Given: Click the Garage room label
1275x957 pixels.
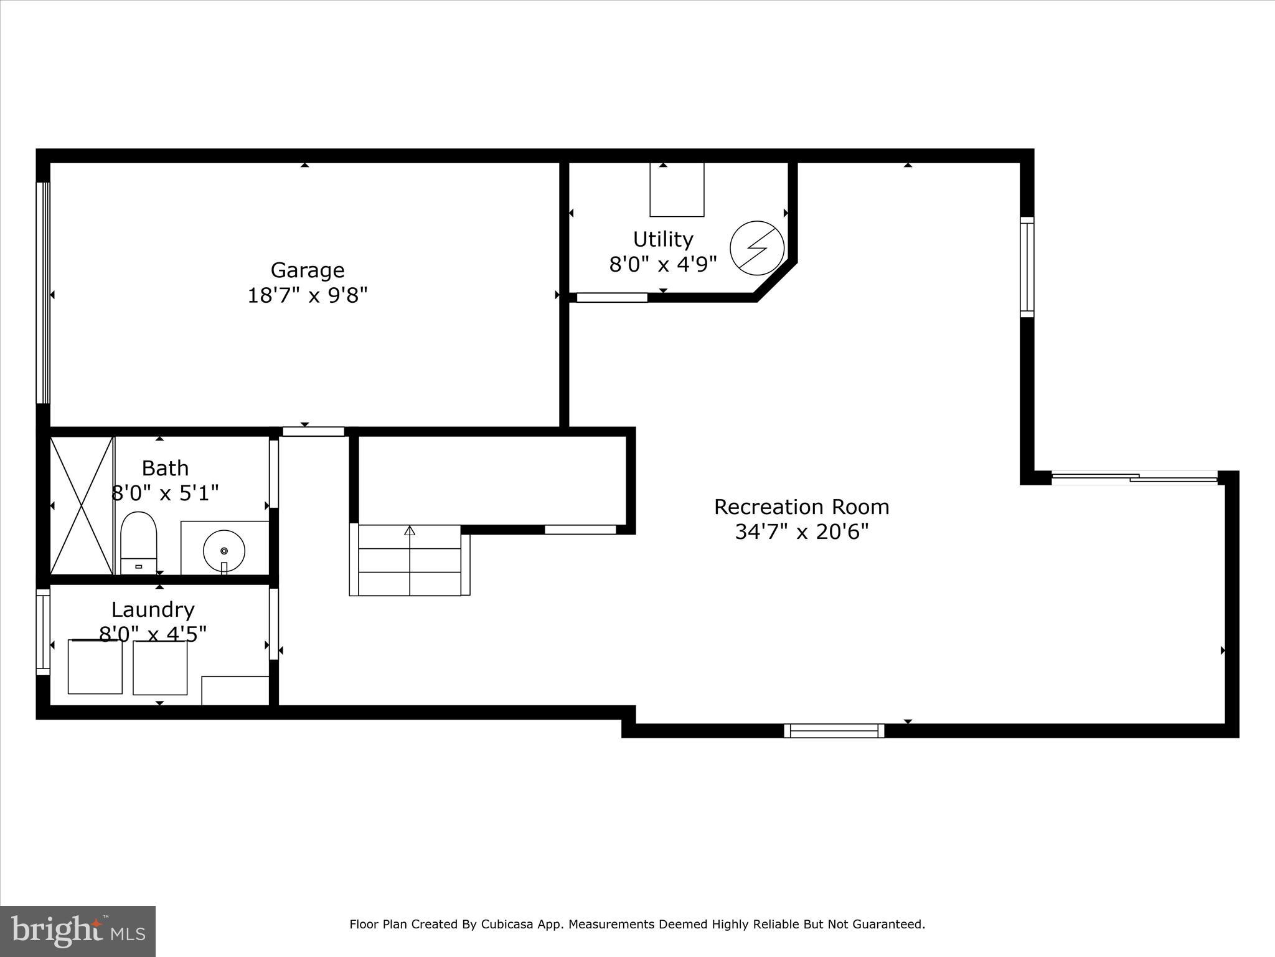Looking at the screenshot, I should [x=307, y=270].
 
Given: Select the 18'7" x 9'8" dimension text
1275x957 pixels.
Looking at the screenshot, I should [x=308, y=295].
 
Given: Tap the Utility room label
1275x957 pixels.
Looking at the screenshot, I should [x=662, y=239].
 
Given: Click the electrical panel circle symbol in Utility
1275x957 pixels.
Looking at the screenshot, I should [x=756, y=247].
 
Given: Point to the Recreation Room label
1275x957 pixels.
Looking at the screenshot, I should [x=801, y=507].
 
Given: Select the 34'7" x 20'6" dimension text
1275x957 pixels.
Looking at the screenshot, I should [x=801, y=532].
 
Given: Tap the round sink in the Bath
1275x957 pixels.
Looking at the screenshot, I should [x=224, y=551].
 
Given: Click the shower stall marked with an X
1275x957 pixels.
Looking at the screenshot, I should [x=82, y=505].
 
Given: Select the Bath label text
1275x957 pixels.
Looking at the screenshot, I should [x=165, y=468].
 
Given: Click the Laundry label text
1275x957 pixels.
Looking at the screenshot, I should [x=153, y=609].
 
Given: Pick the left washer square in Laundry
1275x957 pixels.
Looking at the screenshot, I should [x=95, y=667].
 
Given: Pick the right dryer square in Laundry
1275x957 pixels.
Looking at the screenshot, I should [x=160, y=668].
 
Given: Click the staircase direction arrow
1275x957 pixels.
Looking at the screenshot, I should [x=410, y=531].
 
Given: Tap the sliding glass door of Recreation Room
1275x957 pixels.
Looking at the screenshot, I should [x=1134, y=478].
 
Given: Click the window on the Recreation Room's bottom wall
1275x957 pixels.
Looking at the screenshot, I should [x=834, y=730].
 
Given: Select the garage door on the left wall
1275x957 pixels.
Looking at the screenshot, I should [x=42, y=293].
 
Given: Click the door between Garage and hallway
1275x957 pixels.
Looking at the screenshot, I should [x=313, y=431].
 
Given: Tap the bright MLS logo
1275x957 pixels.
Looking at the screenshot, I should [x=78, y=931].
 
